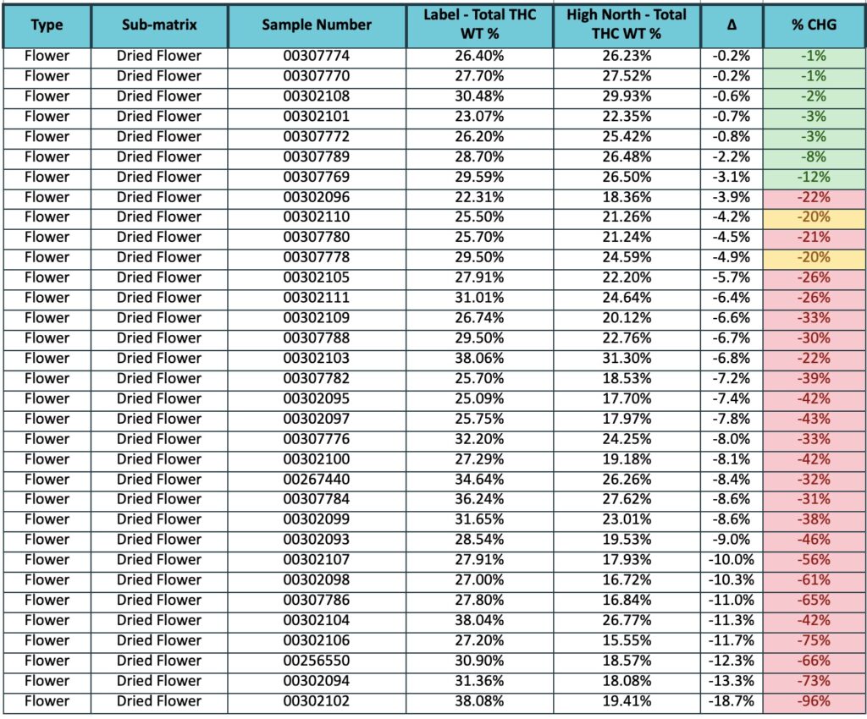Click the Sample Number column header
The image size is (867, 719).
point(317,25)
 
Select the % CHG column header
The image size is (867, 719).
point(814,25)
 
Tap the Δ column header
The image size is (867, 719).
point(732,25)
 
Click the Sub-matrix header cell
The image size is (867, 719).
point(159,25)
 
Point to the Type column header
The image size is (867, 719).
point(47,25)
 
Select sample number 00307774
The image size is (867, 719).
point(317,56)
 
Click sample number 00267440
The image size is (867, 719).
point(317,480)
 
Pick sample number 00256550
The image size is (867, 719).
point(317,661)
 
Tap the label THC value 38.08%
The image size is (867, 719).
point(479,700)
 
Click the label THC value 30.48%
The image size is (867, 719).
point(479,96)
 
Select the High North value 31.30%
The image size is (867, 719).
point(627,358)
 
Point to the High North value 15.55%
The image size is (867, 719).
point(627,640)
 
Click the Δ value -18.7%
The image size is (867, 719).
point(732,700)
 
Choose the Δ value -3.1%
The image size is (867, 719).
point(732,177)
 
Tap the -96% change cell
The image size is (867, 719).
point(814,700)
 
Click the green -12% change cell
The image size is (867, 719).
point(814,177)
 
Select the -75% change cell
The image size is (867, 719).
point(814,640)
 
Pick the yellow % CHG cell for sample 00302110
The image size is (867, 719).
point(814,217)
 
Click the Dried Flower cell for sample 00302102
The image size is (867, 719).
point(159,700)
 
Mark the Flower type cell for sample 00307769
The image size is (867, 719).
point(47,177)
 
